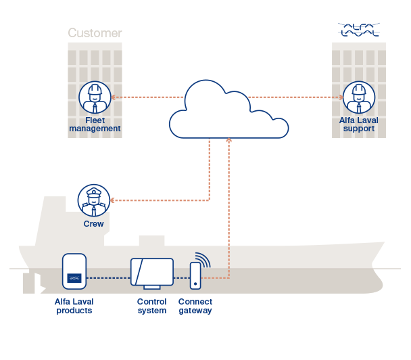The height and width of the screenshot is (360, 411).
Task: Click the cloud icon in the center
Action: (228, 112)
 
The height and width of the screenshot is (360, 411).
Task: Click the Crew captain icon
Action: (93, 200)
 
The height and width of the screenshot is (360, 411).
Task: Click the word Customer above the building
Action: (95, 33)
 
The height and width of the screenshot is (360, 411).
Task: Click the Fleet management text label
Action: (95, 125)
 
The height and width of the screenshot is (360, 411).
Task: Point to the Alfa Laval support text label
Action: (358, 125)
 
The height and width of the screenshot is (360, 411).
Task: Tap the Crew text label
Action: (93, 224)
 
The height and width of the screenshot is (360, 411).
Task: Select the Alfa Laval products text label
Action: (74, 307)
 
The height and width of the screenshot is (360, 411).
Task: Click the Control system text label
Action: (151, 307)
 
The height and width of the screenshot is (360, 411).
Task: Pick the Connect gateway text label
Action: (195, 307)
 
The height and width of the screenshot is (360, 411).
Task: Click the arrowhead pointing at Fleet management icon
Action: (114, 97)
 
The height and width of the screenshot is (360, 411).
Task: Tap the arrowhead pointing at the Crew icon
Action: (113, 200)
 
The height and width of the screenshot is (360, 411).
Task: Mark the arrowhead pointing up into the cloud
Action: (229, 141)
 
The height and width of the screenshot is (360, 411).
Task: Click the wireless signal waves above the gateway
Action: (203, 259)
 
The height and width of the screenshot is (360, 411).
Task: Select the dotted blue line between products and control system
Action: (109, 278)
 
